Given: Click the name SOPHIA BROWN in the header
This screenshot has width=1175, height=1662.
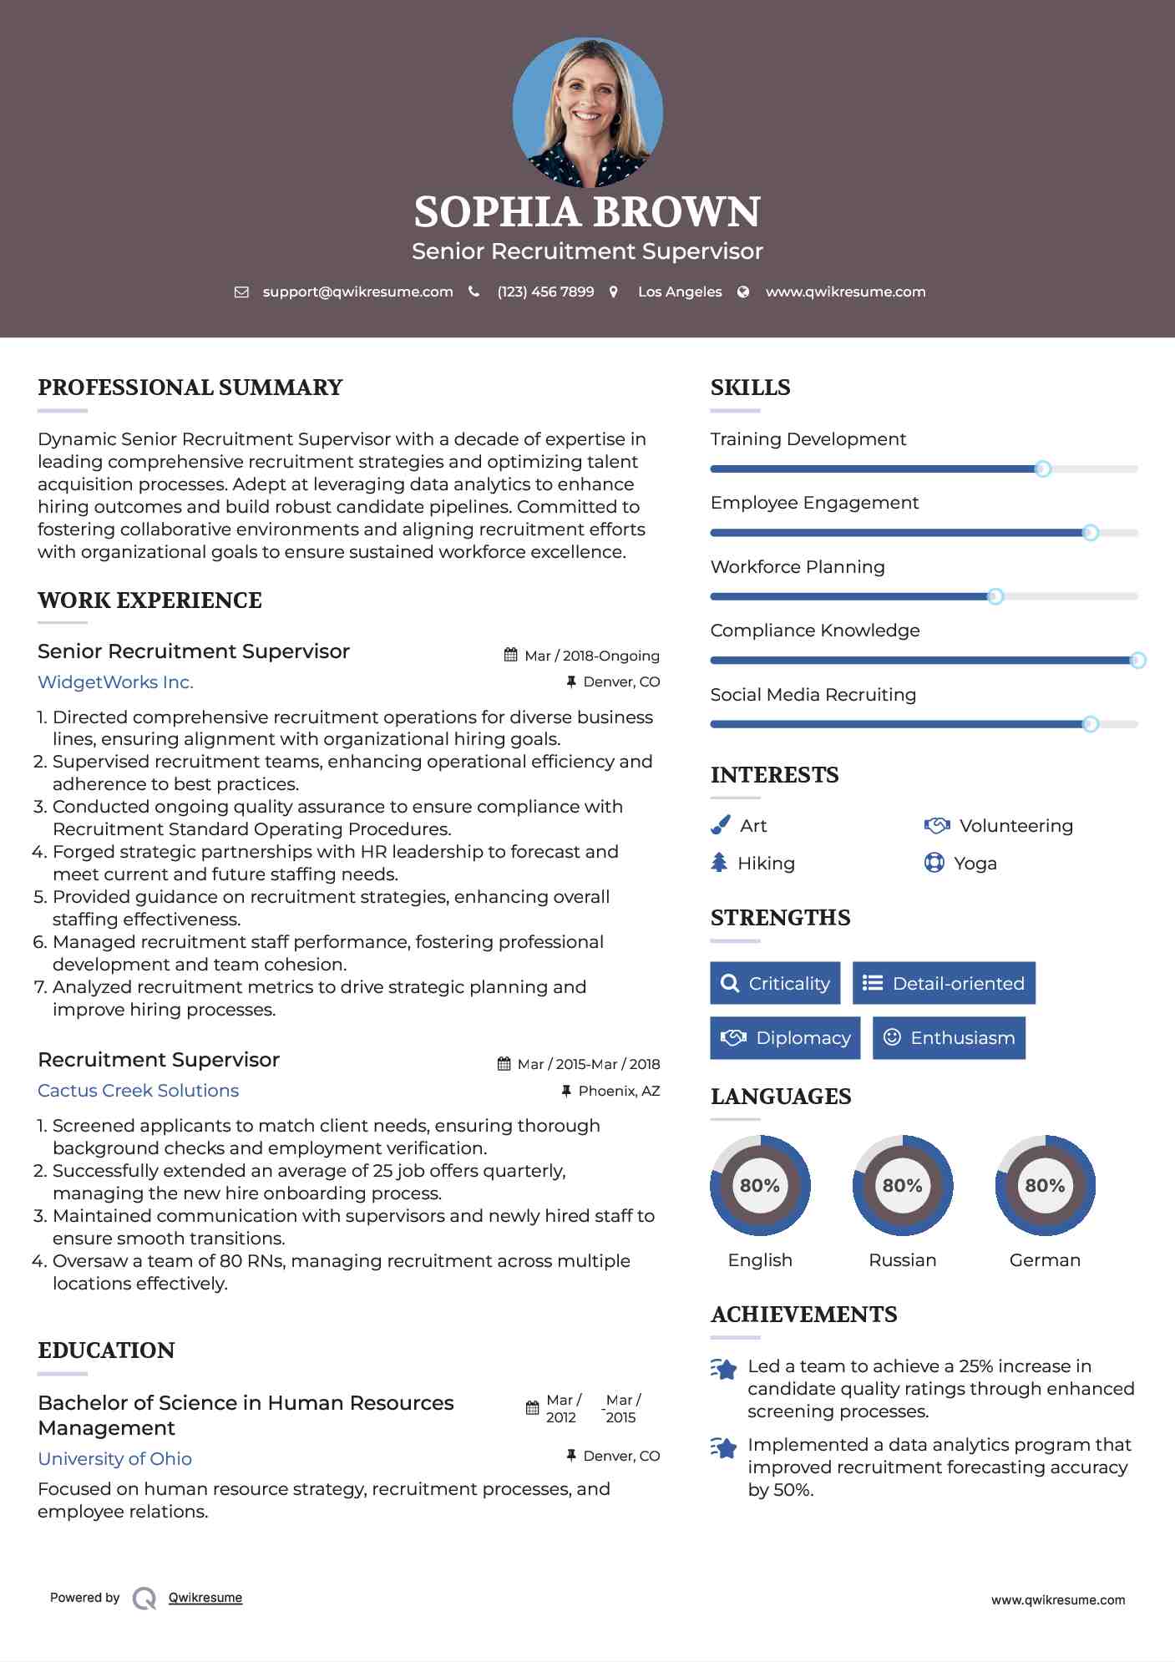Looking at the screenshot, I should tap(587, 212).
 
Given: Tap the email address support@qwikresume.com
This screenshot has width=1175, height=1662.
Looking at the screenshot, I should tap(357, 291).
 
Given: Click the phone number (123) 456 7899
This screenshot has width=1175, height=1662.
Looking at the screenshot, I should tap(545, 291).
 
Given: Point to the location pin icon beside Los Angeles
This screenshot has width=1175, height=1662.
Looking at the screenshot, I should tap(614, 291).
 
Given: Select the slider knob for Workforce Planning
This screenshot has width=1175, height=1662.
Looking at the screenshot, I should tap(995, 596).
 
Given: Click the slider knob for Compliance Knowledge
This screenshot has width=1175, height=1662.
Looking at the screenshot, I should tap(1137, 661).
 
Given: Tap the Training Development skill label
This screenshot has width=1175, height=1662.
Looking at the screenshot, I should tap(808, 439).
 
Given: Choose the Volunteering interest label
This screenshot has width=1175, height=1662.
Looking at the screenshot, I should tap(1015, 826).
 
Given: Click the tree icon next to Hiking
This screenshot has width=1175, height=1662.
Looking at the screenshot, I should tap(719, 863).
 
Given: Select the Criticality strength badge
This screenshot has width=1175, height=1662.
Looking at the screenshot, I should tap(775, 983).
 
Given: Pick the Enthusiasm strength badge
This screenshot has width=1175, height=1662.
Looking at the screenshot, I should tap(949, 1038).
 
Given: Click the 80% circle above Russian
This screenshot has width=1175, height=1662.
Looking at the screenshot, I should tap(902, 1185).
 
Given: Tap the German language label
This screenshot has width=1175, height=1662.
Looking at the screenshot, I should tap(1045, 1260).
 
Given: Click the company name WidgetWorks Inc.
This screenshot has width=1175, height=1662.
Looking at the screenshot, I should tap(115, 682).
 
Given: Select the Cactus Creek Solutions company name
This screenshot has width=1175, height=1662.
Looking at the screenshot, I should tap(138, 1091).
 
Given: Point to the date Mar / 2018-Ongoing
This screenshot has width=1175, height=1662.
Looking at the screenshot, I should tap(591, 656).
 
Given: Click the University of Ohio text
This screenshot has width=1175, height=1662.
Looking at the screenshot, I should tap(114, 1459).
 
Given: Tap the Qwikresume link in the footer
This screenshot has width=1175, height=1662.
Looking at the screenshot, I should tap(205, 1598).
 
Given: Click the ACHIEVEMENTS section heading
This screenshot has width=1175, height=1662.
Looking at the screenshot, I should tap(803, 1315).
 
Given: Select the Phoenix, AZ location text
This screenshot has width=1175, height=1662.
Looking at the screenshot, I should tap(619, 1091).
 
